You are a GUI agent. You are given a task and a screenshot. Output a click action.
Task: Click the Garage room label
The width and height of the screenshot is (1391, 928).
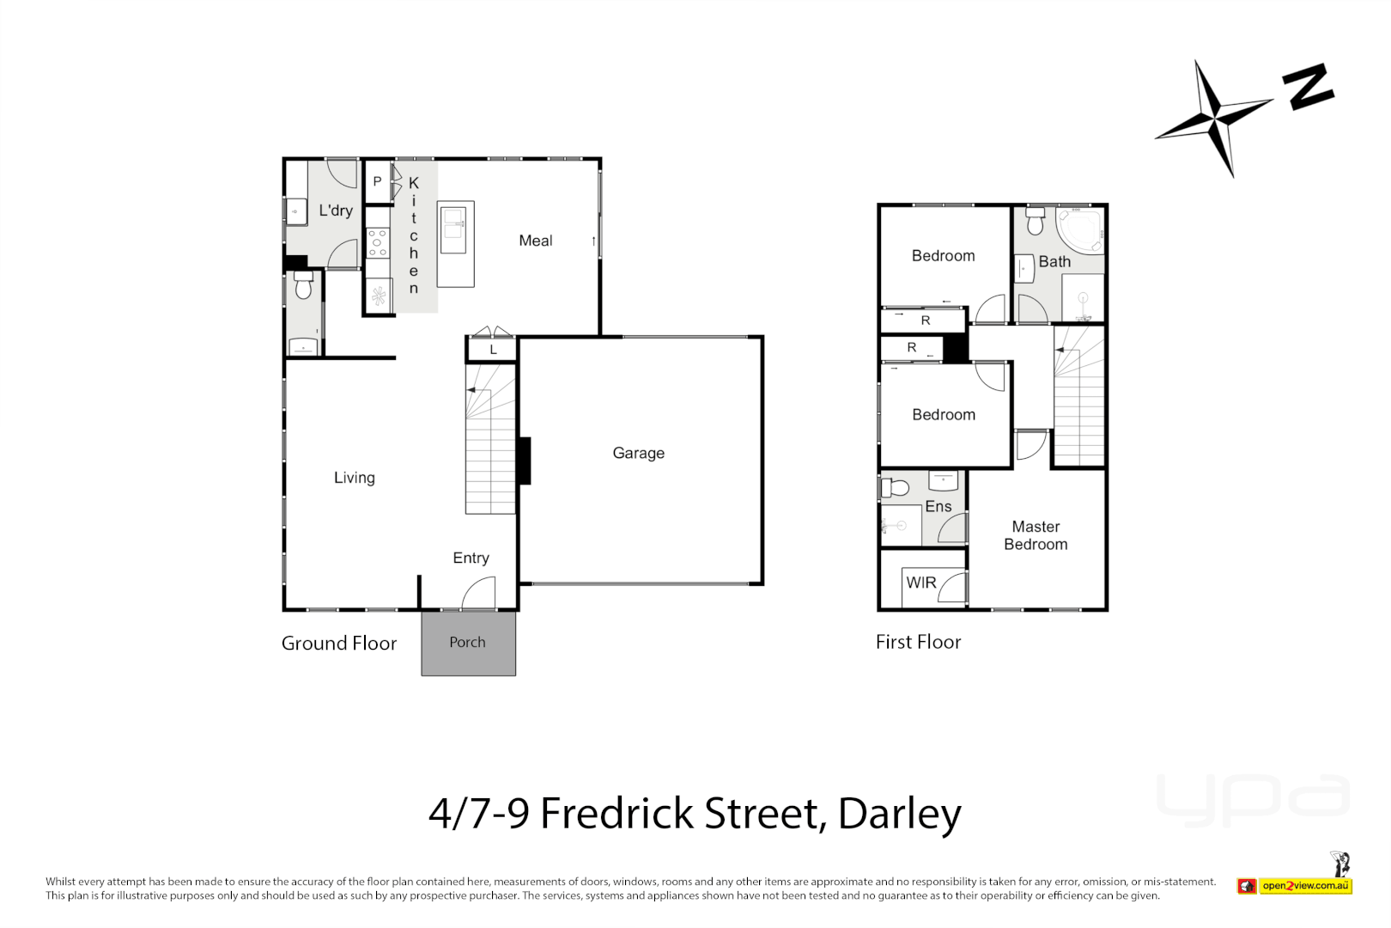click(x=638, y=453)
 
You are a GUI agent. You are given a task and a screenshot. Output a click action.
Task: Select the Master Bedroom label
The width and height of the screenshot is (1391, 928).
click(x=1036, y=535)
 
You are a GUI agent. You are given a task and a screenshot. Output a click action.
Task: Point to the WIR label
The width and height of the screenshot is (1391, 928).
click(x=921, y=583)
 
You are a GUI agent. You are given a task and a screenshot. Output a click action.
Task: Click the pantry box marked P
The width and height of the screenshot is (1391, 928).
click(x=377, y=182)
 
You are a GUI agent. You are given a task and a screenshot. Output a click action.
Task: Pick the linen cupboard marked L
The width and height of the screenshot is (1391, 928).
click(x=493, y=350)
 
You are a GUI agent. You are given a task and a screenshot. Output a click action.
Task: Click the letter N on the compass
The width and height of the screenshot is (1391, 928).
click(x=1308, y=87)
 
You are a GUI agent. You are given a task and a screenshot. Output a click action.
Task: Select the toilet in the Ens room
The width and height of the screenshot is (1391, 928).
click(x=896, y=489)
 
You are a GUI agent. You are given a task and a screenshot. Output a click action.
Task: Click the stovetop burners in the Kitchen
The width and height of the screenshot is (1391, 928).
click(x=377, y=242)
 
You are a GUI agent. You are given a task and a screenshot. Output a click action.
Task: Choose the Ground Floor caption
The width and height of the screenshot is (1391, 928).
click(x=339, y=644)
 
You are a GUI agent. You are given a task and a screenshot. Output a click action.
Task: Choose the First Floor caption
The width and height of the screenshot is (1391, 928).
click(x=918, y=642)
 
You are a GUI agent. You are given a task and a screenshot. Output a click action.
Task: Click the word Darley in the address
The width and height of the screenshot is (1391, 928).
click(x=899, y=813)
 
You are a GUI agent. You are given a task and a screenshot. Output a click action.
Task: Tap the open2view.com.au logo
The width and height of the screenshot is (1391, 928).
click(x=1304, y=886)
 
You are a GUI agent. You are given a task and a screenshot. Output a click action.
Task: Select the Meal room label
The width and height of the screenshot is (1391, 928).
click(x=536, y=241)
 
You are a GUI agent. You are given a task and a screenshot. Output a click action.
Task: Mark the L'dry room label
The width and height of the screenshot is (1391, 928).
click(x=336, y=211)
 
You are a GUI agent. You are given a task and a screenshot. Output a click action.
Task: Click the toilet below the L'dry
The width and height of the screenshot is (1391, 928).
click(x=303, y=286)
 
